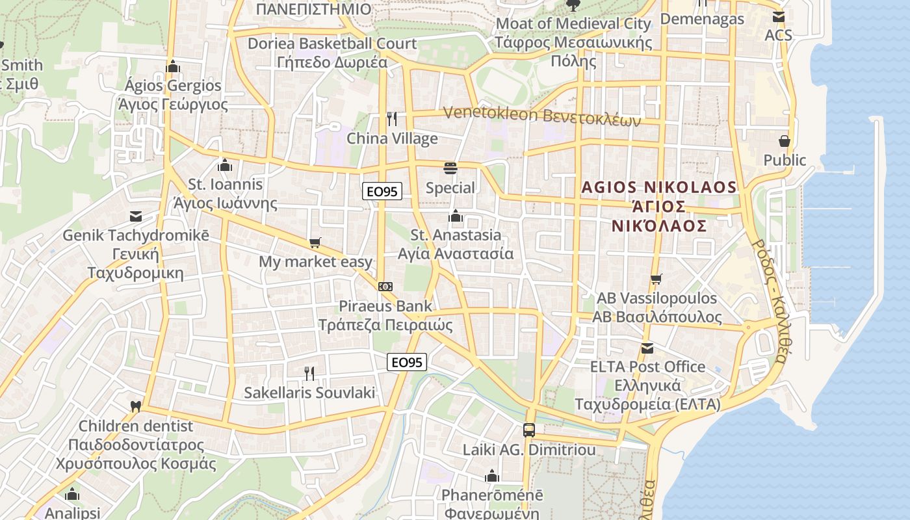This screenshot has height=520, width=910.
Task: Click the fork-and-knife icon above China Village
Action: (391, 118)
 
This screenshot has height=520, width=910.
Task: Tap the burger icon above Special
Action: (450, 168)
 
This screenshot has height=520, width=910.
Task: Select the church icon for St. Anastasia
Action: (456, 215)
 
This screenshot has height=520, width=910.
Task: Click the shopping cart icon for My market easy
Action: (315, 243)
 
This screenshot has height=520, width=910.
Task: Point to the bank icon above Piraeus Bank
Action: (385, 286)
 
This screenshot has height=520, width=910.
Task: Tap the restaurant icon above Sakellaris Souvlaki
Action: (309, 373)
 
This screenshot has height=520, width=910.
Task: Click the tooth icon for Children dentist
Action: (135, 407)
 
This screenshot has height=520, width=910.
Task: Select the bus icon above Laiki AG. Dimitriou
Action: (528, 430)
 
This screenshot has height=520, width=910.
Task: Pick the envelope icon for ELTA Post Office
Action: (647, 348)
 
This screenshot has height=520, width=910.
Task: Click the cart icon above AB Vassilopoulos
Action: (656, 279)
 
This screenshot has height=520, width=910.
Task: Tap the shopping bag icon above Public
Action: (785, 140)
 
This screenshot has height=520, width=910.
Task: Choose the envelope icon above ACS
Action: (778, 16)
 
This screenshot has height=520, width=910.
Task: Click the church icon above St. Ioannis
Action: (225, 165)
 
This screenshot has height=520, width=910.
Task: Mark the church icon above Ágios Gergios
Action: (172, 66)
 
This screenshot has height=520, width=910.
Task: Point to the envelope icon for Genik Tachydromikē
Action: (135, 216)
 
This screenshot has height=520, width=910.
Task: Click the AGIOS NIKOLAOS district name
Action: (659, 188)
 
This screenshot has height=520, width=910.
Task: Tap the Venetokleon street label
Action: (542, 116)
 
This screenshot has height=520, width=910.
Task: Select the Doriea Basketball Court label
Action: (332, 44)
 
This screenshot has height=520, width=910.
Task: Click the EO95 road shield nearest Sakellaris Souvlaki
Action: (407, 363)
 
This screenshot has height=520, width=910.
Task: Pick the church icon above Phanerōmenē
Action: (492, 476)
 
